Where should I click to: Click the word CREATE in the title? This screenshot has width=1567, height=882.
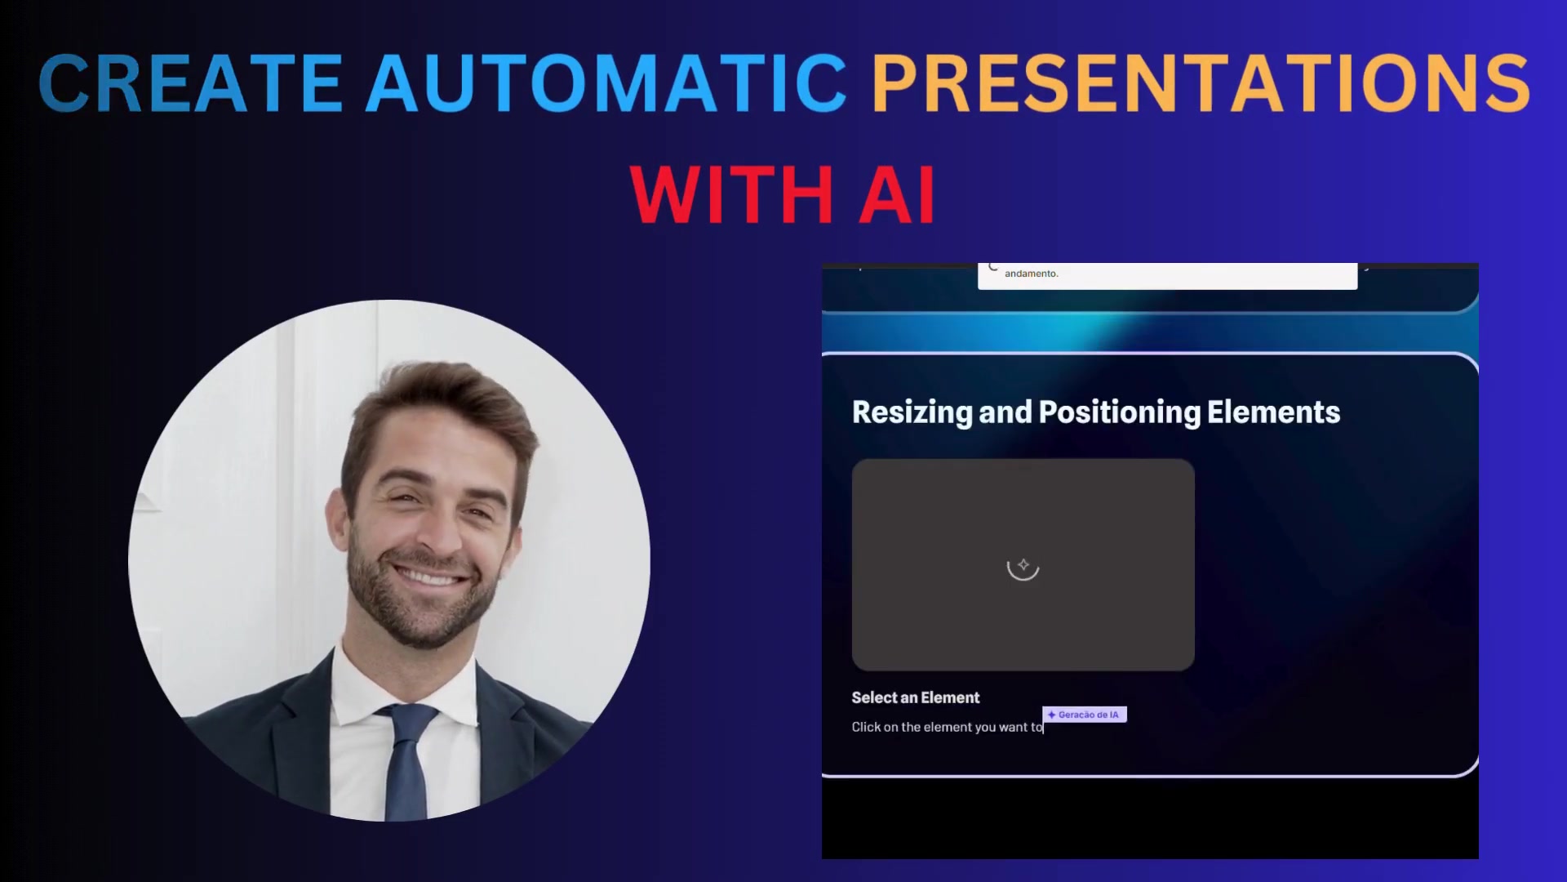click(x=190, y=82)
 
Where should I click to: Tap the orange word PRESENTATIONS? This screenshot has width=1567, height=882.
click(x=1201, y=82)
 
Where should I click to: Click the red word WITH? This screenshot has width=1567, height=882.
click(x=731, y=194)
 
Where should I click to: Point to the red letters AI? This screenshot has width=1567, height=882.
click(x=897, y=194)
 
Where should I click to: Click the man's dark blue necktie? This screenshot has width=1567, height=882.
click(x=406, y=759)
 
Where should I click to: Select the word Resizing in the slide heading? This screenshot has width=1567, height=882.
click(x=912, y=412)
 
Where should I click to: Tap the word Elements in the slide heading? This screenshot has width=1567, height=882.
click(x=1273, y=412)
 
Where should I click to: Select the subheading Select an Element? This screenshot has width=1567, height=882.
click(x=916, y=697)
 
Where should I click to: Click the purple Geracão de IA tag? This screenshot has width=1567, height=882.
click(x=1085, y=715)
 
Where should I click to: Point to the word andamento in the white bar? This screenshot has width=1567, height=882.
click(x=1032, y=274)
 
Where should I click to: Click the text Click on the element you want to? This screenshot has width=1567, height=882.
click(x=947, y=727)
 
